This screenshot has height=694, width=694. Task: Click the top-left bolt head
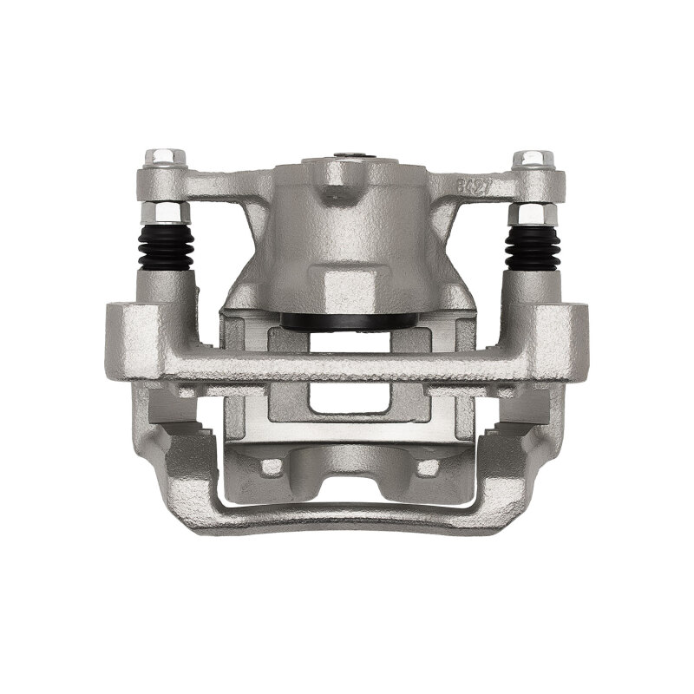(x=165, y=158)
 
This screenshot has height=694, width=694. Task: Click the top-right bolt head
(x=533, y=158)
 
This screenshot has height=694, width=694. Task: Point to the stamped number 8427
(x=475, y=185)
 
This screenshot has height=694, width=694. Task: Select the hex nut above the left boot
(x=163, y=213)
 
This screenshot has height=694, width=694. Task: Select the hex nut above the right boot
(x=531, y=213)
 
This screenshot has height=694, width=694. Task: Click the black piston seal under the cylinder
(x=347, y=321)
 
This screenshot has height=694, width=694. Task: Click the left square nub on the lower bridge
(x=272, y=467)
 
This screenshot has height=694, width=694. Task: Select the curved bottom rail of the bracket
(x=347, y=519)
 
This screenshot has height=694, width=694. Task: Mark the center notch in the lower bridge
(x=347, y=464)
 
